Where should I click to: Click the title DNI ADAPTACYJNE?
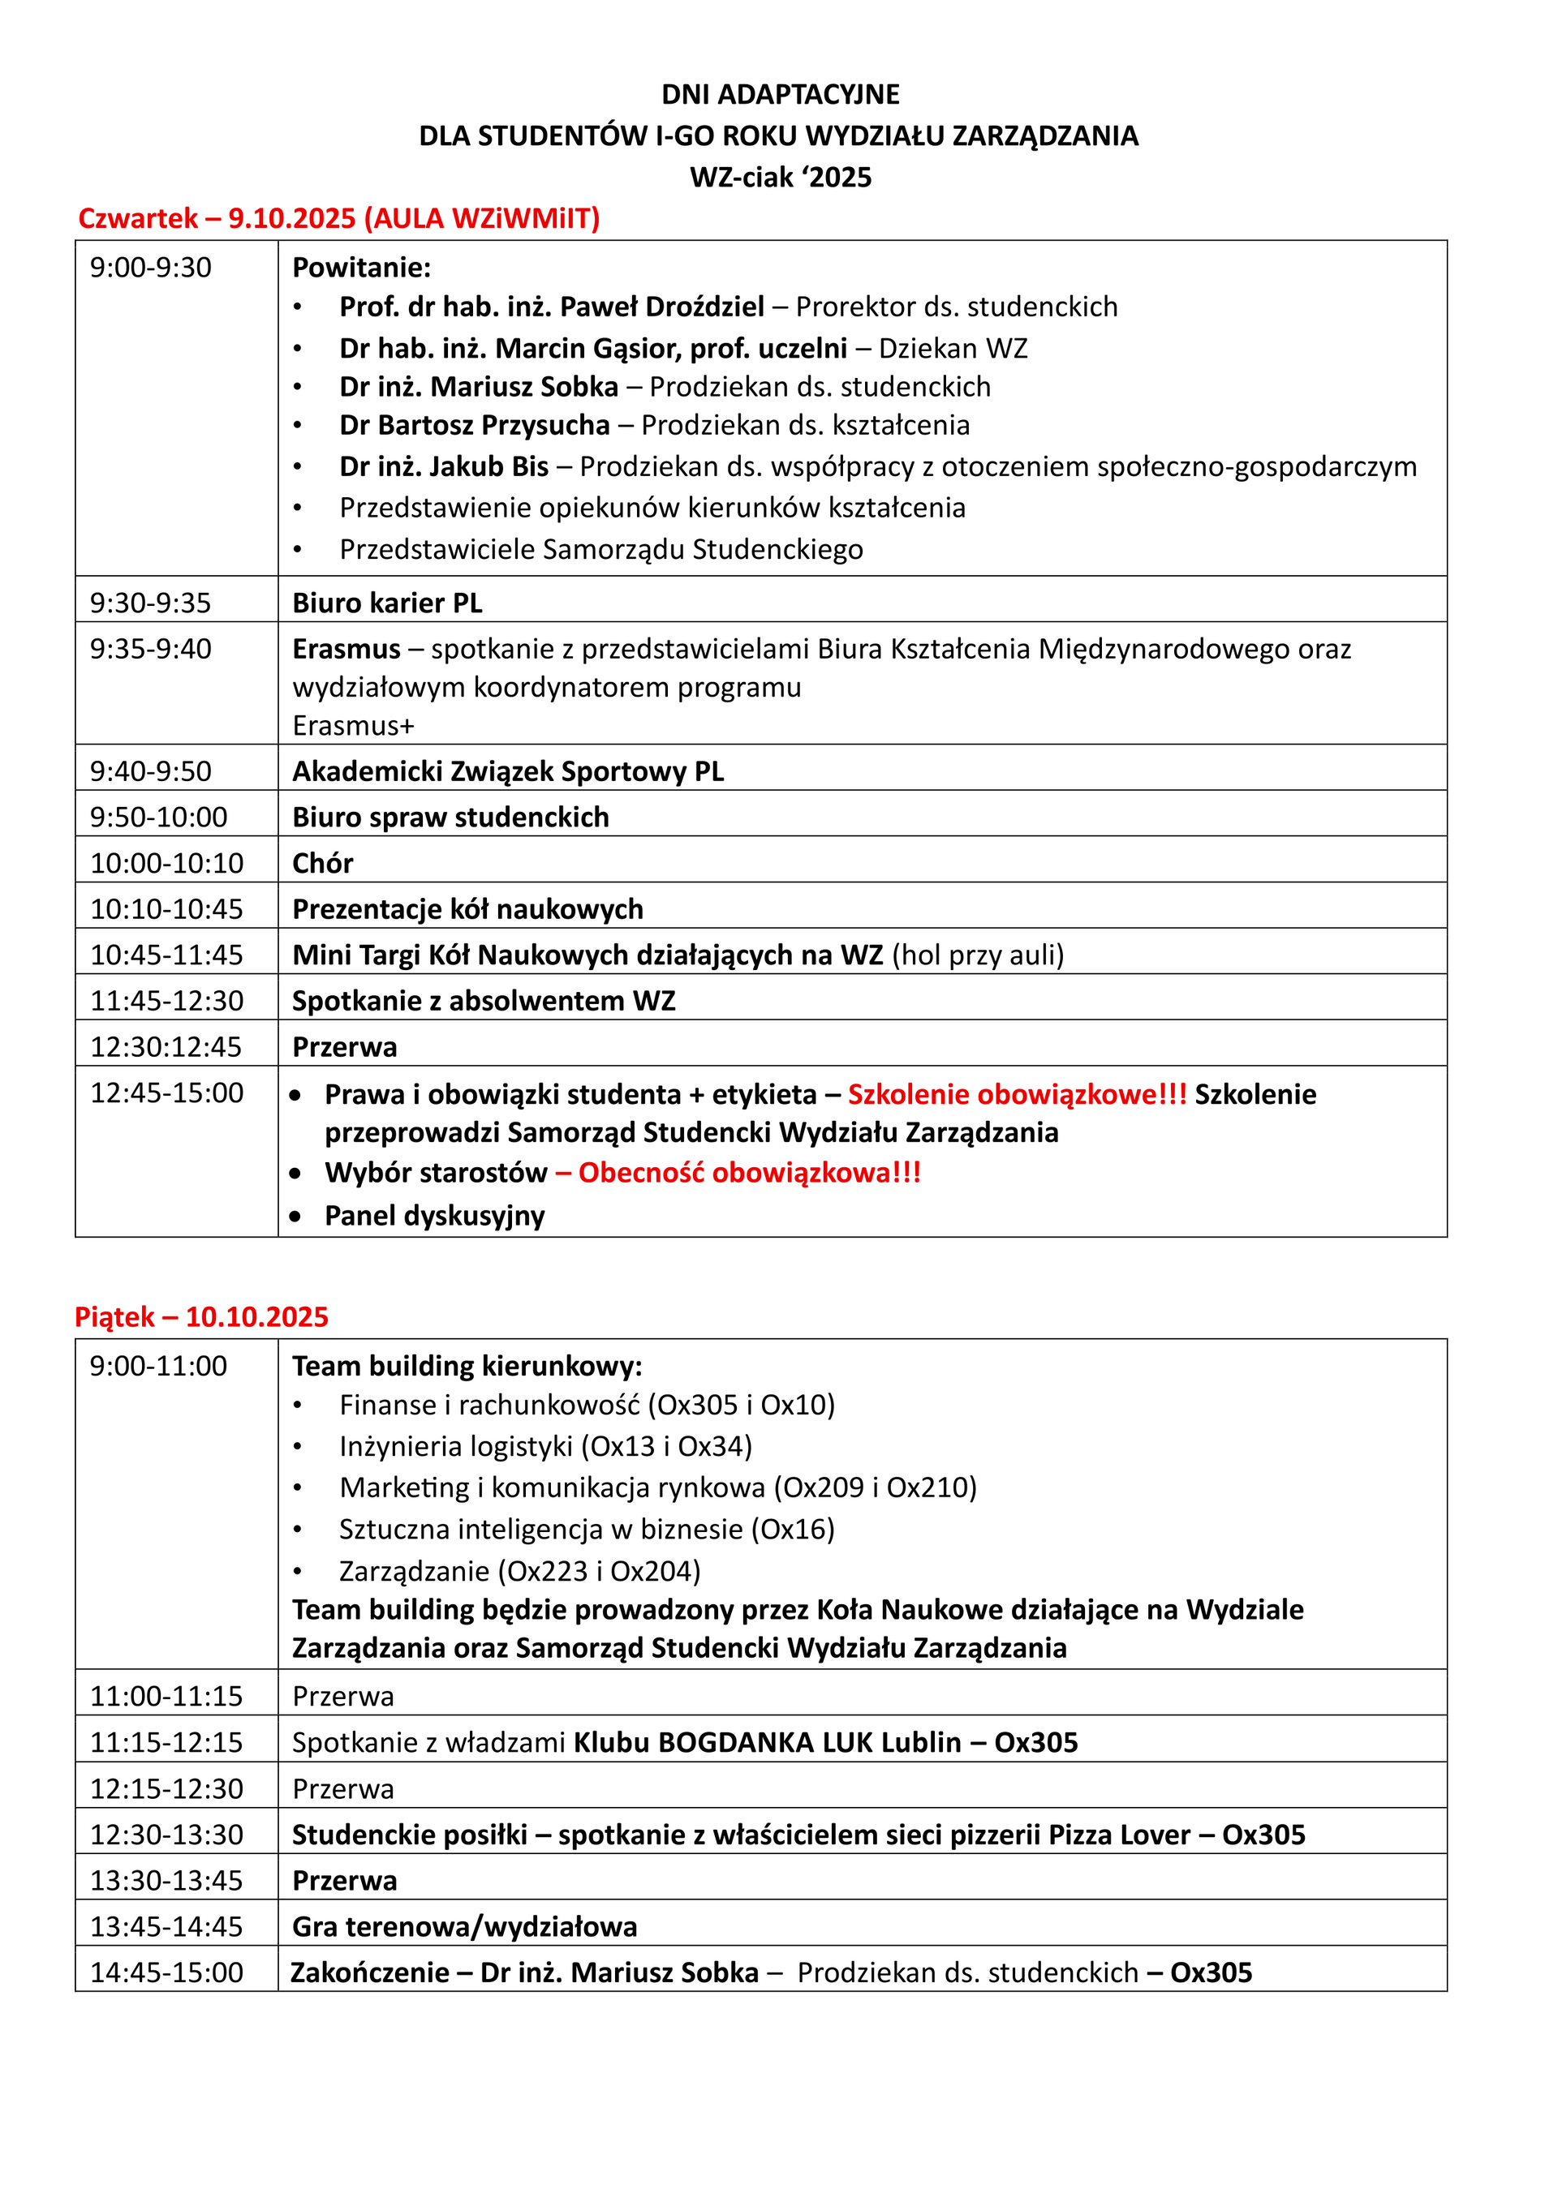pyautogui.click(x=780, y=94)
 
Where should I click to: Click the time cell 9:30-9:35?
pyautogui.click(x=151, y=603)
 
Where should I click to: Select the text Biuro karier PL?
pyautogui.click(x=386, y=603)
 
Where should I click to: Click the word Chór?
pyautogui.click(x=322, y=863)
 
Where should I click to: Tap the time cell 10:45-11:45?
pyautogui.click(x=167, y=955)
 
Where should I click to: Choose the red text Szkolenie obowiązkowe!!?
pyautogui.click(x=1017, y=1094)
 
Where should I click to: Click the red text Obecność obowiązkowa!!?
pyautogui.click(x=749, y=1172)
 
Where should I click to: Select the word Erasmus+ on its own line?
pyautogui.click(x=353, y=725)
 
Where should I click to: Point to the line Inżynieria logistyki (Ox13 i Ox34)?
pyautogui.click(x=545, y=1446)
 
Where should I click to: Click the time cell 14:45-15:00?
pyautogui.click(x=167, y=1972)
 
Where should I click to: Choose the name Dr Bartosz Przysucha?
pyautogui.click(x=474, y=425)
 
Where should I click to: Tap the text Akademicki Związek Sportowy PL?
pyautogui.click(x=507, y=771)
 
